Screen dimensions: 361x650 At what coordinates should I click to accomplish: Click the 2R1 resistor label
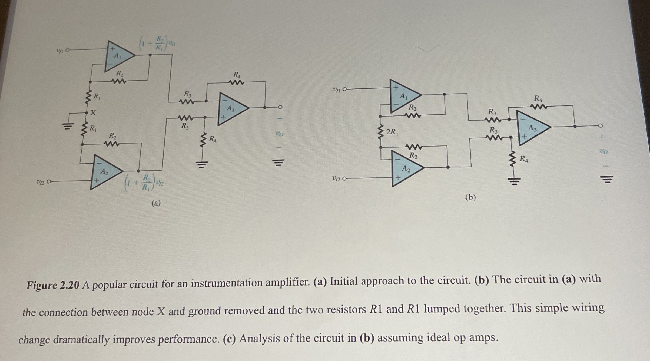(392, 132)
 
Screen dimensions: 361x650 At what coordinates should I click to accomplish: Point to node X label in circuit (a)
(93, 112)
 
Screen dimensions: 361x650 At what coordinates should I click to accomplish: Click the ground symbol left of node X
(68, 125)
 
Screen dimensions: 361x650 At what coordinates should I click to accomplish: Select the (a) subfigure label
(156, 203)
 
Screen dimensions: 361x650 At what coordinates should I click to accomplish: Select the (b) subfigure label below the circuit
(470, 197)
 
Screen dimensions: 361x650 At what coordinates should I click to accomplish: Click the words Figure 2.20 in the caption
(53, 285)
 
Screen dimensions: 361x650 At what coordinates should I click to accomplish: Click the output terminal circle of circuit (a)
(280, 107)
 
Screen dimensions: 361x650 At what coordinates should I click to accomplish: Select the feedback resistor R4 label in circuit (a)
(237, 75)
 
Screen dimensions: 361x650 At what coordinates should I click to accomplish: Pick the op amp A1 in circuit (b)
(403, 96)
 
